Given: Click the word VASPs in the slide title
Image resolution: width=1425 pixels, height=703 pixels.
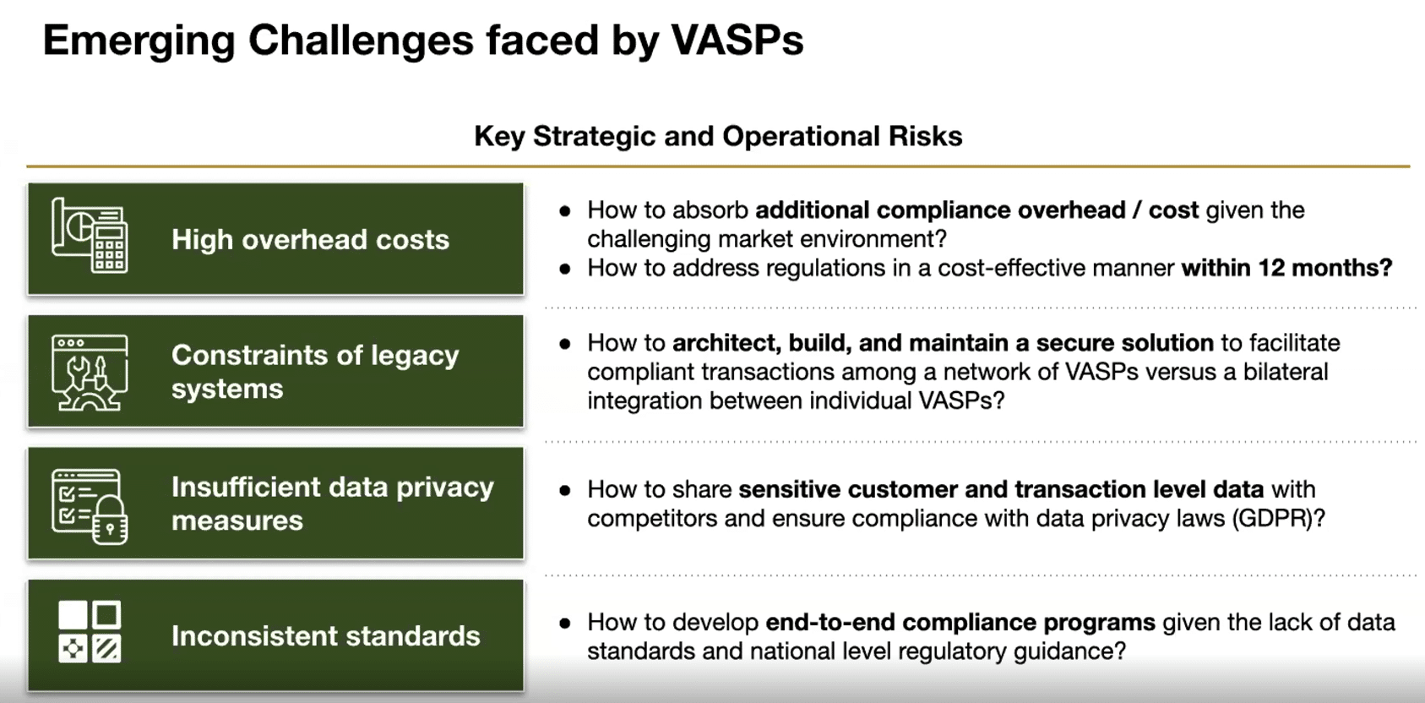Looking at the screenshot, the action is tap(737, 40).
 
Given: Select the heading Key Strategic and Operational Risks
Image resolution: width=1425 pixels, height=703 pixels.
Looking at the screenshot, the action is tap(718, 136).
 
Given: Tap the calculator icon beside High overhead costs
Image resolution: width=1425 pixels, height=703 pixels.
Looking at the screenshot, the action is tap(90, 236).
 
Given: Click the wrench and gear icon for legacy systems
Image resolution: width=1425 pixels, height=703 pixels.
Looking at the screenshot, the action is tap(90, 373).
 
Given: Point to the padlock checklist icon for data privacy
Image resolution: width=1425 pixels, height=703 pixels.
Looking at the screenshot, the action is tap(90, 506).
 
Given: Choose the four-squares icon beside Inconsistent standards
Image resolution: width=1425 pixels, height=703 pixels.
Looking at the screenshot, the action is tap(90, 632).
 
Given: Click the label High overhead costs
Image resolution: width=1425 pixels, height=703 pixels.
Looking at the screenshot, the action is tap(311, 240).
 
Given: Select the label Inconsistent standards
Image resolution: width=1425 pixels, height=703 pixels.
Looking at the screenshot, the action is tap(326, 635).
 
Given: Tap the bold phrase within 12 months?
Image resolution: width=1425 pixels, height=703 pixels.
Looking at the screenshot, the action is tap(1287, 268).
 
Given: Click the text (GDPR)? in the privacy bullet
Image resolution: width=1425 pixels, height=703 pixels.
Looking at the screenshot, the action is tap(1279, 519).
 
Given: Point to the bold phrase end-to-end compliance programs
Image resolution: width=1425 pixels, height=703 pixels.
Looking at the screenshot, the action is tap(960, 622).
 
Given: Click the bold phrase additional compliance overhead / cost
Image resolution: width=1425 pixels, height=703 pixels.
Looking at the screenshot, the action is tap(977, 210).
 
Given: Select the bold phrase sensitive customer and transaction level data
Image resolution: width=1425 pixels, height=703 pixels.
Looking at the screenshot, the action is tap(1001, 489).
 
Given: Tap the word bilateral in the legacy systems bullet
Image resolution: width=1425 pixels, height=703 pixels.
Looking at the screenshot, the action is tap(1286, 372).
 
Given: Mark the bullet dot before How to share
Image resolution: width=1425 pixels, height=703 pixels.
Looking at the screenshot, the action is tap(565, 491).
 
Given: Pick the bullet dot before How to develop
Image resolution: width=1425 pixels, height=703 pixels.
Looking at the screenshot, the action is tap(565, 624).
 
